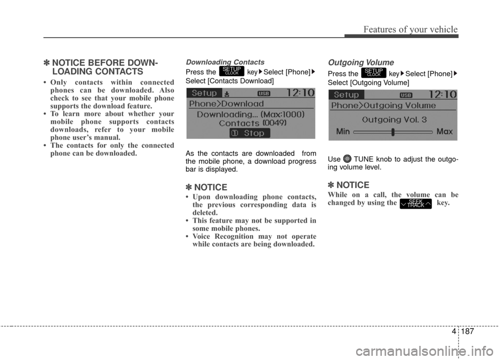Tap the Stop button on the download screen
(250, 133)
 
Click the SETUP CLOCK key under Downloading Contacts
(232, 72)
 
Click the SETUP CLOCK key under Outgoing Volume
(373, 72)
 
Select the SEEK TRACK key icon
(416, 203)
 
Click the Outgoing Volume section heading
(360, 62)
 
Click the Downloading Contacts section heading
(225, 62)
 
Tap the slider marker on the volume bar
(392, 132)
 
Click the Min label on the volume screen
(343, 132)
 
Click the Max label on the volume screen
(444, 132)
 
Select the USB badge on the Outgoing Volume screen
(406, 95)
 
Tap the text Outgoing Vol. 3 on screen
(394, 120)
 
